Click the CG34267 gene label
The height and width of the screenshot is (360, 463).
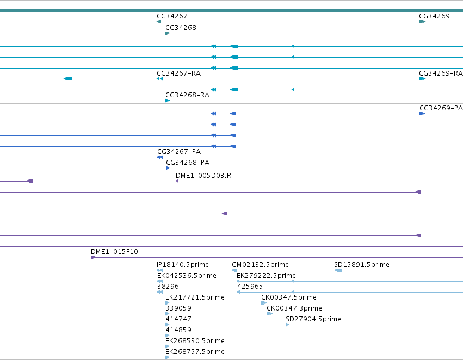coord(172,16)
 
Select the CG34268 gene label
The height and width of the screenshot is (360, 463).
coord(181,27)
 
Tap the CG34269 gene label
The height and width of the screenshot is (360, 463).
coord(434,16)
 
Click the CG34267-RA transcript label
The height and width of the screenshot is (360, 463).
coord(179,73)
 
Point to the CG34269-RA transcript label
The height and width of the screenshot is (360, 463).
coord(441,73)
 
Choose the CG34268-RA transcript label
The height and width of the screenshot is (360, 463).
coord(188,95)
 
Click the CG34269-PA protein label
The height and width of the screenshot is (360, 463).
coord(441,108)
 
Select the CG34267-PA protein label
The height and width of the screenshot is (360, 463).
coord(179,152)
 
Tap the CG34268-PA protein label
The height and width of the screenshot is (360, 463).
coord(188,163)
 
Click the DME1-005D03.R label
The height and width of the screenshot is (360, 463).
coord(203,176)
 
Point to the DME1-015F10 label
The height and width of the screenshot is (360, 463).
coord(114,252)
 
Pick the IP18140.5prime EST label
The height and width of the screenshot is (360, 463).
coord(183,265)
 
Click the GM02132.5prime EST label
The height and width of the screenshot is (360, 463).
coord(261,265)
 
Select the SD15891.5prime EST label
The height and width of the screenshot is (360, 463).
coord(362,265)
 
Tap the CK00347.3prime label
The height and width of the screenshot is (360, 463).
coord(294,308)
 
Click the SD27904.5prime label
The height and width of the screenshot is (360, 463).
coord(313,319)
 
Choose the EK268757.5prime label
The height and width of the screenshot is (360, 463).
coord(195,352)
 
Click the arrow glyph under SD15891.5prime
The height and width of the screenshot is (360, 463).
coord(338,270)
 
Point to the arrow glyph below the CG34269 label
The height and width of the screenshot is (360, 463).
coord(422,22)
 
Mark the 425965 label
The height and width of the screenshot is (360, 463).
coord(250,287)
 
